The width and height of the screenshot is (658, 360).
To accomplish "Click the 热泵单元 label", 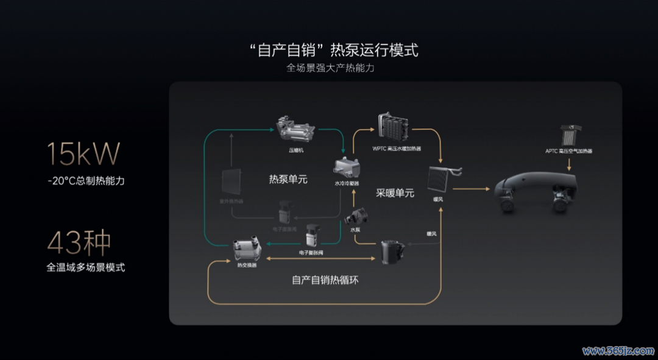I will pyautogui.click(x=288, y=180).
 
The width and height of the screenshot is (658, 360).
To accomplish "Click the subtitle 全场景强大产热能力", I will pyautogui.click(x=330, y=68).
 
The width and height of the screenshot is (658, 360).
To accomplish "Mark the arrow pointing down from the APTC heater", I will pyautogui.click(x=569, y=165).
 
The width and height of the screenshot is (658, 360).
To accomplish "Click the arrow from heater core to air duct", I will pyautogui.click(x=472, y=189).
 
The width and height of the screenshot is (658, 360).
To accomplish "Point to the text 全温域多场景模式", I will pyautogui.click(x=86, y=267).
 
